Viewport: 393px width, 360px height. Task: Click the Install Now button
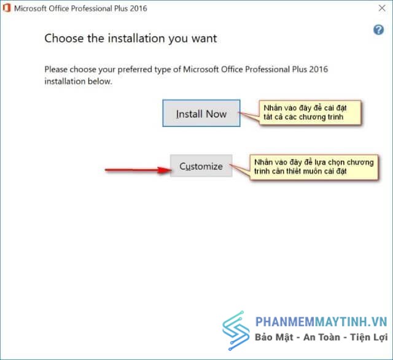point(201,113)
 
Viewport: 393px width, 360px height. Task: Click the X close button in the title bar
point(382,8)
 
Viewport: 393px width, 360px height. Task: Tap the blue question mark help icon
point(378,30)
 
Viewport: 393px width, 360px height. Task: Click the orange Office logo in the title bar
point(7,8)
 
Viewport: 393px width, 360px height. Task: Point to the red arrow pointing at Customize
point(138,170)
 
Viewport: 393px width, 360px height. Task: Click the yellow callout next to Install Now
point(310,112)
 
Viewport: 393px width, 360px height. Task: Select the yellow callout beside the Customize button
point(314,167)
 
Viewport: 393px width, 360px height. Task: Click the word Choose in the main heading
point(64,38)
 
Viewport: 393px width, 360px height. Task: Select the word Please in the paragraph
point(56,69)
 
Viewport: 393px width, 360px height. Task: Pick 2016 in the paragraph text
point(318,69)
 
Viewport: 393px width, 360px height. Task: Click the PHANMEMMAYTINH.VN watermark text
point(321,322)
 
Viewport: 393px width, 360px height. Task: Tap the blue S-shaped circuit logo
point(236,331)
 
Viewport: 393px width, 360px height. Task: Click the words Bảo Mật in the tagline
point(274,337)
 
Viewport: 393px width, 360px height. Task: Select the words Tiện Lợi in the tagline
point(369,337)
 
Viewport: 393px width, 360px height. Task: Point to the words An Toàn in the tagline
point(322,337)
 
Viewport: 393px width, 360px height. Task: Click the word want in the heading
point(204,39)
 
